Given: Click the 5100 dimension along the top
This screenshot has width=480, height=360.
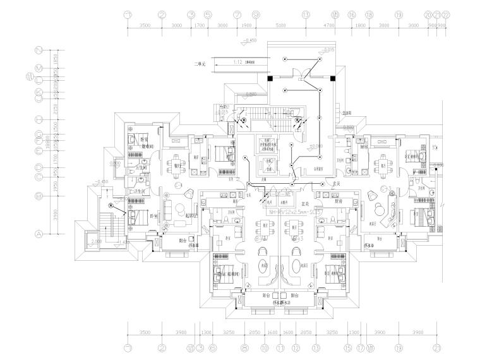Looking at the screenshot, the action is tap(280, 26).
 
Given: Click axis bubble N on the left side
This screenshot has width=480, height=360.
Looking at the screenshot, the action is tap(39, 50).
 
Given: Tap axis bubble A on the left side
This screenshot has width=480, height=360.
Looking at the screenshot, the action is tap(39, 234).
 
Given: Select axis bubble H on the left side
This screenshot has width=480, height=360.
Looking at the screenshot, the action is tap(39, 119).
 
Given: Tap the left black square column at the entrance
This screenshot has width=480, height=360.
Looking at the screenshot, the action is tap(269, 78).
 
